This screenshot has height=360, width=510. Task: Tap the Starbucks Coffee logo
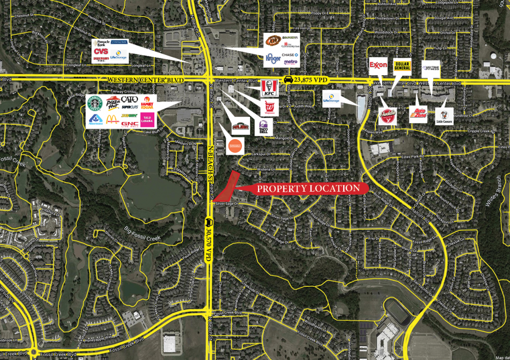click(95, 104)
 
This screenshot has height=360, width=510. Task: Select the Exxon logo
click(379, 65)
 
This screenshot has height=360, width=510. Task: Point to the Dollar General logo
click(404, 67)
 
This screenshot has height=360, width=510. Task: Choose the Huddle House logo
click(387, 116)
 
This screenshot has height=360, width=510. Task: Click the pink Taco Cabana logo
click(147, 120)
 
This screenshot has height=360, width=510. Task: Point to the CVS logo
click(101, 52)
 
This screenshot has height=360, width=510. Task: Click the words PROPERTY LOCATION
click(308, 188)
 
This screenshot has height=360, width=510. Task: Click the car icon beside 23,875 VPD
click(288, 80)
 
